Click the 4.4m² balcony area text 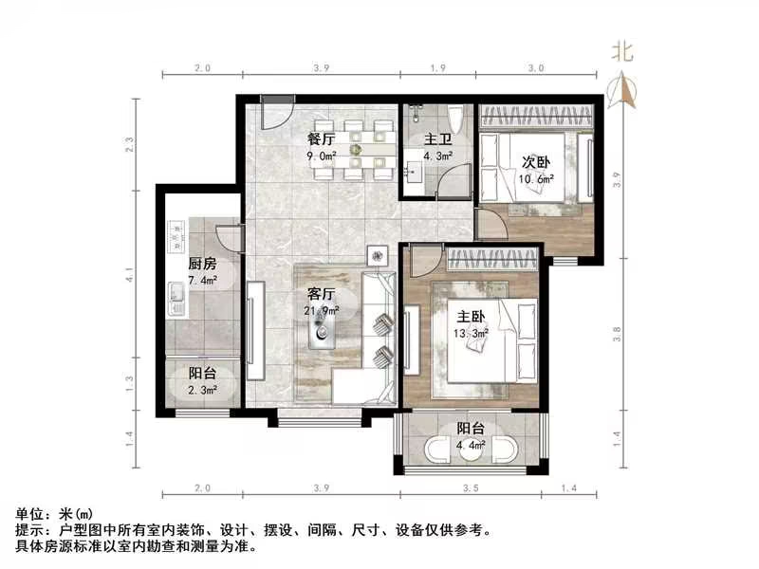point(471,443)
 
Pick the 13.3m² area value point(472,333)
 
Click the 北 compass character point(622,50)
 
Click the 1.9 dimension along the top point(437,69)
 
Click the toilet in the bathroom point(456,119)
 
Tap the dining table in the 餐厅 point(357,149)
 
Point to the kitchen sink point(176,298)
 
